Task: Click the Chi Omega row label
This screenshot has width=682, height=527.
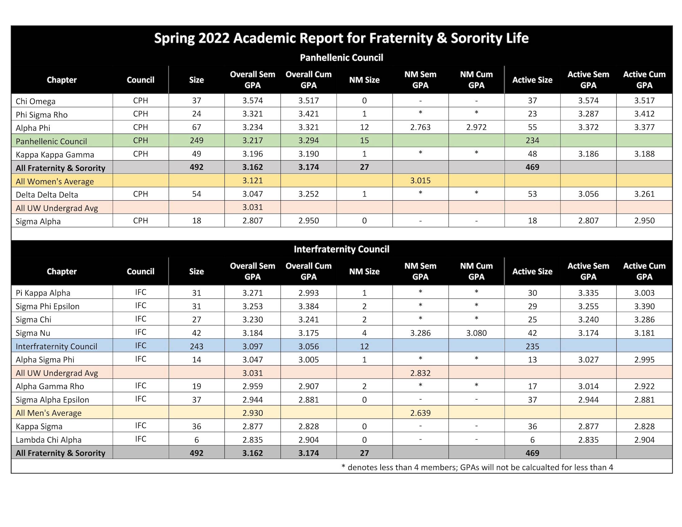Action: (36, 101)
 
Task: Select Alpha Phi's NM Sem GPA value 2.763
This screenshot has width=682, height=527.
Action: (420, 127)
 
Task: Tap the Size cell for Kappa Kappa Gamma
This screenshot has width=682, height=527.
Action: (197, 154)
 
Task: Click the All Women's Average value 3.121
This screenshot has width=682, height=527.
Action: (253, 180)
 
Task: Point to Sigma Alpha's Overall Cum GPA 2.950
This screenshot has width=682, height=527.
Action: (308, 221)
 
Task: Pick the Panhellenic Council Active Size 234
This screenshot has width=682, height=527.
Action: (532, 140)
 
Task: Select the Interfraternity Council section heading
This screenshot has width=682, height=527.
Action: (342, 249)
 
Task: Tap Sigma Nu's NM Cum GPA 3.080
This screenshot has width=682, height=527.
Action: (476, 333)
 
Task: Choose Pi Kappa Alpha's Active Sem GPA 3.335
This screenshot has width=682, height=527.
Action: (588, 293)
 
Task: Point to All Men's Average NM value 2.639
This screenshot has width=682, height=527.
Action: (420, 413)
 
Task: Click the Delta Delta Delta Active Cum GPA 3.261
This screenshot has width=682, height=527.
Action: (644, 194)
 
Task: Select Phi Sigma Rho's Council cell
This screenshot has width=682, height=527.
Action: (140, 114)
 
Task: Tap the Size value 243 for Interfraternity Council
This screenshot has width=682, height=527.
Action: (197, 346)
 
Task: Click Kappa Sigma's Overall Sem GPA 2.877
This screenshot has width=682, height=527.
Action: (253, 426)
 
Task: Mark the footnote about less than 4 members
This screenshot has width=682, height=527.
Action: (477, 467)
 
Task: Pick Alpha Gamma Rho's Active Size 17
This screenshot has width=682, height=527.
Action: (532, 386)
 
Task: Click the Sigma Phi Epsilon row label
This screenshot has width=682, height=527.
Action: (47, 306)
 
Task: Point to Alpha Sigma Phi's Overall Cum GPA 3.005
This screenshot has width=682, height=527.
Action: (308, 360)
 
